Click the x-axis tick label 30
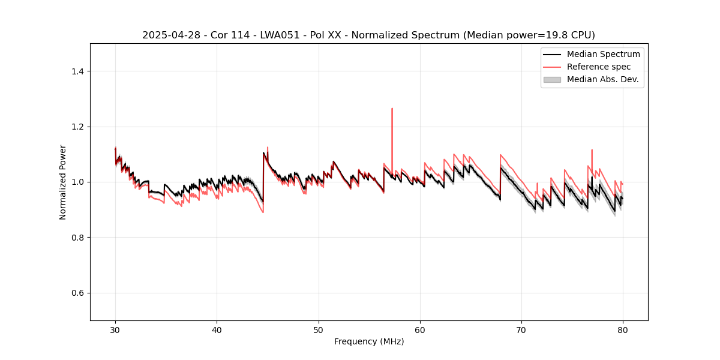tap(115, 330)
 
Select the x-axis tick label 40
tap(217, 330)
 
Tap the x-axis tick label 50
tap(318, 330)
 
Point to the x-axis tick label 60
tap(420, 330)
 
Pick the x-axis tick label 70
tap(521, 330)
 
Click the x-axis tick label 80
tap(623, 330)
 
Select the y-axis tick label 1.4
tap(77, 71)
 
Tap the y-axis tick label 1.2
tap(77, 127)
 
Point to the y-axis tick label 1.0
tap(77, 182)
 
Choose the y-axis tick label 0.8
tap(77, 238)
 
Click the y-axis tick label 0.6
tap(77, 293)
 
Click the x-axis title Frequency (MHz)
tap(369, 341)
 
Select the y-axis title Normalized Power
tap(63, 182)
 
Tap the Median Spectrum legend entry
tap(603, 54)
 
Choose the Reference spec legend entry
tap(599, 67)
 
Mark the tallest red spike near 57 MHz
tap(392, 109)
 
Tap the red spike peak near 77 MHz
tap(592, 151)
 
